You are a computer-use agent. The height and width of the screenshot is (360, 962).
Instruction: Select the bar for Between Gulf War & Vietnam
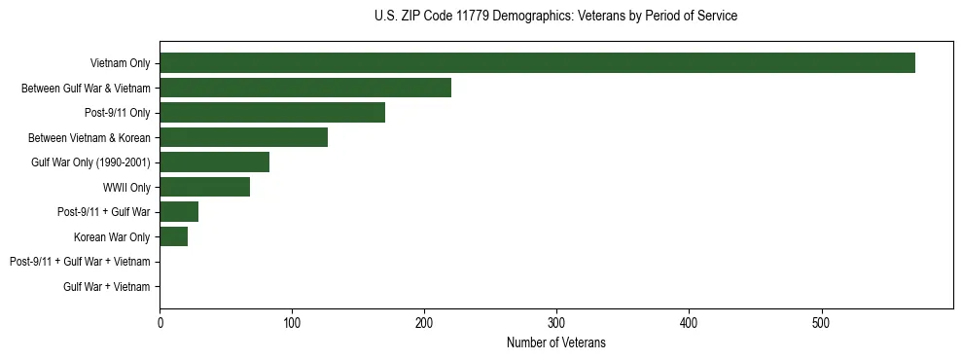(305, 89)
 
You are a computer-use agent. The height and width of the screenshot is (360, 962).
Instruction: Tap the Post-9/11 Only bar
(272, 113)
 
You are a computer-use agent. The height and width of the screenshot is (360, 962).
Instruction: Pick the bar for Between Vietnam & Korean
(243, 137)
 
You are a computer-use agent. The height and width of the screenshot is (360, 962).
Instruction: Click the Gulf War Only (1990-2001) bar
(214, 162)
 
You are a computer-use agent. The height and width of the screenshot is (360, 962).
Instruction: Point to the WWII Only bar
(204, 187)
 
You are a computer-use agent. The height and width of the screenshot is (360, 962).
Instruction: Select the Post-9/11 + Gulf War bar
(179, 212)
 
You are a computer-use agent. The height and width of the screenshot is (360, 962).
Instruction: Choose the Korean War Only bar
(173, 236)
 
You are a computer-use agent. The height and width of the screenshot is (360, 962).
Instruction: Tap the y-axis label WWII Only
(126, 188)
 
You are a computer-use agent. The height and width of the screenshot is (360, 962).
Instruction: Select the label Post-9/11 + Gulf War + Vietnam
(80, 262)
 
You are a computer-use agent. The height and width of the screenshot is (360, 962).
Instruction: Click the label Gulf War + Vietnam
(107, 287)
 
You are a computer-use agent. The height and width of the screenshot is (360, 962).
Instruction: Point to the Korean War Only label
(112, 237)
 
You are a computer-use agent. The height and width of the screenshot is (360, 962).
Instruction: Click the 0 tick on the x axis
(160, 323)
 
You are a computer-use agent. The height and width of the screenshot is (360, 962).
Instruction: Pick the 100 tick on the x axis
(292, 323)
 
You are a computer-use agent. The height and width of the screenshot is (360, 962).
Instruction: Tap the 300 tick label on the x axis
(556, 323)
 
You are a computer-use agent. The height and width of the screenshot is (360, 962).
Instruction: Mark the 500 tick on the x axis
(821, 323)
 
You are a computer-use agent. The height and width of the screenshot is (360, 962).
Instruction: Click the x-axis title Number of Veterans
(555, 342)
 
